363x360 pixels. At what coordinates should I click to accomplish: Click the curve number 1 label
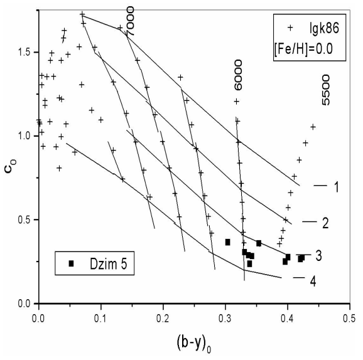(x=336, y=186)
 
